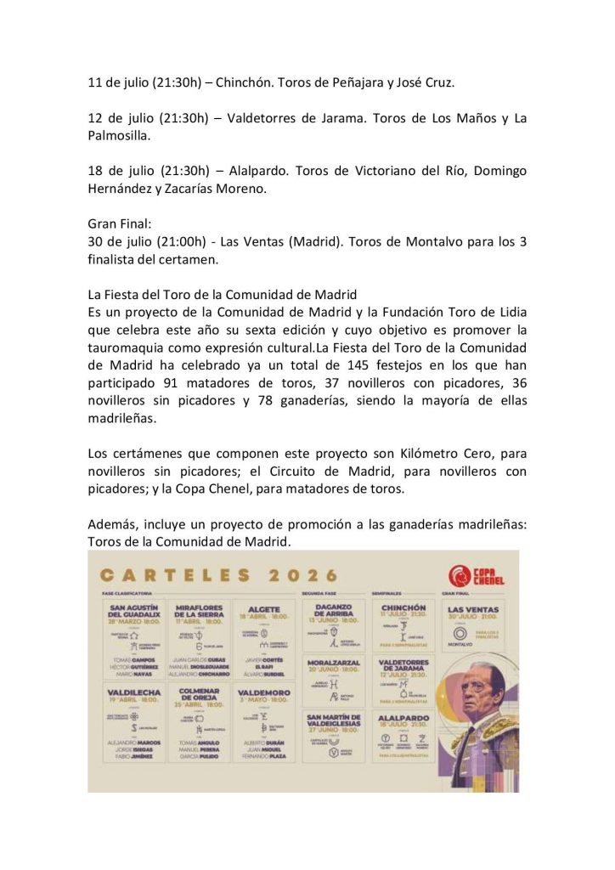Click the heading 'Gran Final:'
coord(119,224)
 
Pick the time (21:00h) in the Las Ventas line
coord(186,242)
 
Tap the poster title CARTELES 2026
coord(219,575)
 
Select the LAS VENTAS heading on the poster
coord(473,609)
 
